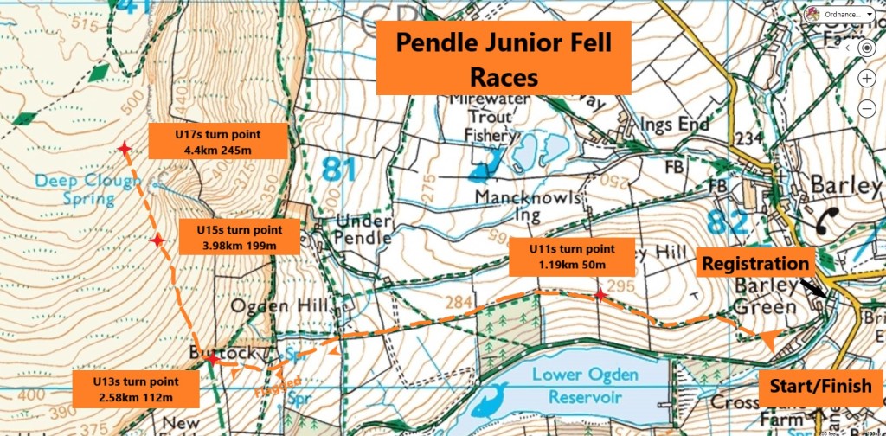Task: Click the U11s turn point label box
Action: pyautogui.click(x=575, y=257)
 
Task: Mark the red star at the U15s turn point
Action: pyautogui.click(x=157, y=240)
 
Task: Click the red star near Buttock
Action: pyautogui.click(x=212, y=359)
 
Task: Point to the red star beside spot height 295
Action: pyautogui.click(x=599, y=296)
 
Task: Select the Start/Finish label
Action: pyautogui.click(x=821, y=386)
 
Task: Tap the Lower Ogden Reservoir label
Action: pyautogui.click(x=585, y=386)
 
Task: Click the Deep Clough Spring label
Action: pyautogui.click(x=87, y=189)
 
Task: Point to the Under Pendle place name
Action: pyautogui.click(x=357, y=229)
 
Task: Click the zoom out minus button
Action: pyautogui.click(x=866, y=108)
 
